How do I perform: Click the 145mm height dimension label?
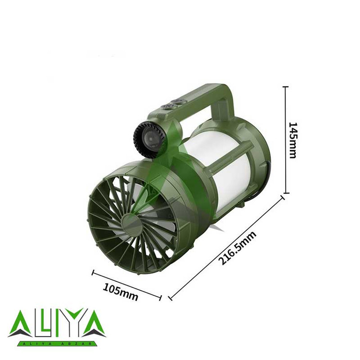click(x=292, y=140)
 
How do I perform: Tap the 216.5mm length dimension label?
click(x=238, y=248)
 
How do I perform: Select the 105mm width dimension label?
click(x=120, y=292)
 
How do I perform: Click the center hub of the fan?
click(x=131, y=223)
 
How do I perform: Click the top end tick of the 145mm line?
click(x=286, y=87)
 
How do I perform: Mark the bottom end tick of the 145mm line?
click(x=286, y=193)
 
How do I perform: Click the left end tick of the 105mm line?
click(x=93, y=273)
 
